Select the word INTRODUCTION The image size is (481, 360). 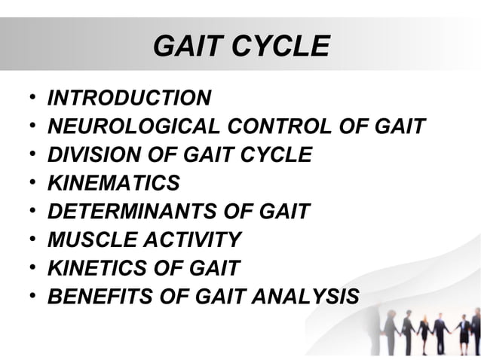[x=129, y=98]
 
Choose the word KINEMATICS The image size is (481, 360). [x=114, y=183]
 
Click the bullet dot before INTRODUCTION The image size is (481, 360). [x=29, y=99]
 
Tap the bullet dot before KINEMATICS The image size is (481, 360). [x=29, y=184]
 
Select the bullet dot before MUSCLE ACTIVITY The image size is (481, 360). [x=29, y=241]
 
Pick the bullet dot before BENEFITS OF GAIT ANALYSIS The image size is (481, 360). [x=29, y=297]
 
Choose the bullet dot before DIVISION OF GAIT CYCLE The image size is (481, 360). [x=29, y=156]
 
